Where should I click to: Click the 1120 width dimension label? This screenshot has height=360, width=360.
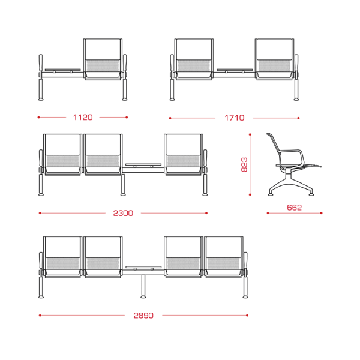pyautogui.click(x=83, y=118)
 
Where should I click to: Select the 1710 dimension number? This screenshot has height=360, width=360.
pyautogui.click(x=235, y=118)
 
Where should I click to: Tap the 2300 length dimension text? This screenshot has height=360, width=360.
pyautogui.click(x=123, y=213)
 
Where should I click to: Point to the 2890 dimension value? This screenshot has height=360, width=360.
pyautogui.click(x=143, y=316)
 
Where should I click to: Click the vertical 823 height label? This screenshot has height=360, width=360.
pyautogui.click(x=244, y=164)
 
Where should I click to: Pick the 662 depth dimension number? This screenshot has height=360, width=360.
pyautogui.click(x=295, y=208)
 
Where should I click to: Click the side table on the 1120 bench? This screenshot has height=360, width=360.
pyautogui.click(x=62, y=70)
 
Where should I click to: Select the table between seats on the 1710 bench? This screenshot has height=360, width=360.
pyautogui.click(x=235, y=70)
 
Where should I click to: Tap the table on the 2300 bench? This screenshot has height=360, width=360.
pyautogui.click(x=143, y=165)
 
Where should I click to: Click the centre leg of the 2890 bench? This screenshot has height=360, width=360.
pyautogui.click(x=143, y=287)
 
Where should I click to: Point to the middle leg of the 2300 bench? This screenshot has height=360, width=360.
pyautogui.click(x=123, y=185)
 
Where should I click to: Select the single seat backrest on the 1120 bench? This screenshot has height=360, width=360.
pyautogui.click(x=103, y=49)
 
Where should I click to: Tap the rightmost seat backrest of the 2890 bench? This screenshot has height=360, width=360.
pyautogui.click(x=224, y=247)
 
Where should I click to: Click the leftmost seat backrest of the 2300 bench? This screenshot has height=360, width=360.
pyautogui.click(x=62, y=145)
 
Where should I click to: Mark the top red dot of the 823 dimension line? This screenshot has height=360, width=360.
pyautogui.click(x=250, y=134)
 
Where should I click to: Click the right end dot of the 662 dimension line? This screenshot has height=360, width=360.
pyautogui.click(x=321, y=213)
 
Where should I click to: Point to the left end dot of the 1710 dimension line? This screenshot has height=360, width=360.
pyautogui.click(x=170, y=118)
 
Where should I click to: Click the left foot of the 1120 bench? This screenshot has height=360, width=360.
pyautogui.click(x=41, y=100)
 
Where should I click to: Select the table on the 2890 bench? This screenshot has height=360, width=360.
pyautogui.click(x=143, y=267)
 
